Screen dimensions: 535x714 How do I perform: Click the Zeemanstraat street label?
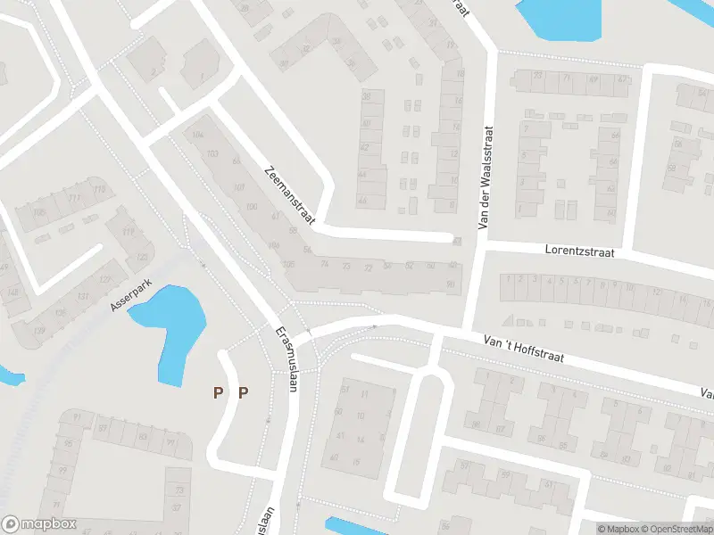pos(289,195)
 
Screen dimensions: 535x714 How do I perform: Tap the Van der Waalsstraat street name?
pos(486,177)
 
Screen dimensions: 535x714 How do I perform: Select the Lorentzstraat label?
pos(580,251)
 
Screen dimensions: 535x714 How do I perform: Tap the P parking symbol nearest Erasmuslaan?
pos(243,391)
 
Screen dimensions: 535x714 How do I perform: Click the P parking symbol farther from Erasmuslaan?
pos(216,391)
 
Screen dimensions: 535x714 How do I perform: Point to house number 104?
pos(197,135)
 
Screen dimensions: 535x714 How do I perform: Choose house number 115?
pos(98,189)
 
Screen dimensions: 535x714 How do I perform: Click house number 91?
pos(78,417)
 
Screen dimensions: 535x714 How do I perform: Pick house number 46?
pos(362,201)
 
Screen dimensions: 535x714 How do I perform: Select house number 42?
pos(364,147)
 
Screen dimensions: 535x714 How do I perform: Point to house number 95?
pos(68,444)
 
